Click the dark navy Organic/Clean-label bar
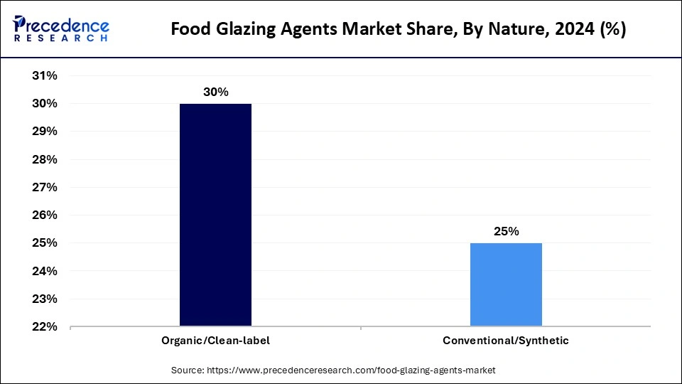coord(215,215)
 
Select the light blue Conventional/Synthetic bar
coord(506,284)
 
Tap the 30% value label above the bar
coord(215,92)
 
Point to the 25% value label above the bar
coord(506,232)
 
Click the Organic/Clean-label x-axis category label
coord(215,341)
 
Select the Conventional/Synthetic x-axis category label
coord(506,341)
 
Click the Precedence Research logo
coord(61,29)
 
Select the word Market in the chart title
coord(389,31)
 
